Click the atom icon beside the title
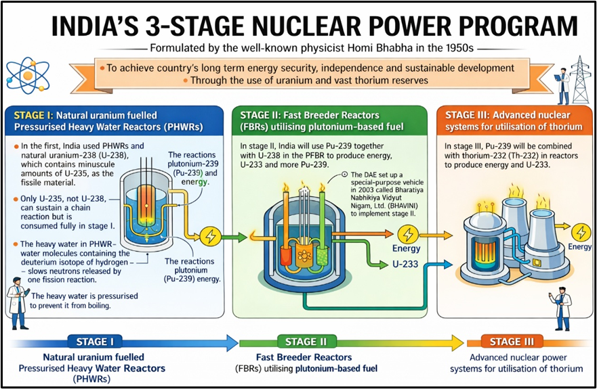(x=25, y=74)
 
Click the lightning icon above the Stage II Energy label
(x=407, y=234)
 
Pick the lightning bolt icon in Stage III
(x=580, y=231)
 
